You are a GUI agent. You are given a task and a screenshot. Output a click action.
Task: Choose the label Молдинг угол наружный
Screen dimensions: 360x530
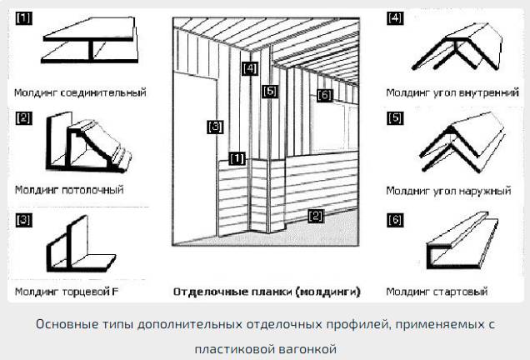pyautogui.click(x=447, y=191)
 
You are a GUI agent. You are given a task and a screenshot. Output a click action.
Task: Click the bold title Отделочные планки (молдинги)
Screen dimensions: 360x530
pyautogui.click(x=267, y=292)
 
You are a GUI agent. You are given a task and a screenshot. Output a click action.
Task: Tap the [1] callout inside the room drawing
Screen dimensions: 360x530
pyautogui.click(x=237, y=157)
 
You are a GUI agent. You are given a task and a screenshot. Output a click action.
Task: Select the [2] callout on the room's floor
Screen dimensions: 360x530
pyautogui.click(x=315, y=216)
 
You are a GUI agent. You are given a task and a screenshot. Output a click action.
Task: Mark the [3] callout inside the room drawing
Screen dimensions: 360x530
pyautogui.click(x=215, y=127)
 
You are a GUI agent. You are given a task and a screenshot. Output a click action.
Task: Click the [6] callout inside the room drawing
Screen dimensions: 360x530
pyautogui.click(x=324, y=96)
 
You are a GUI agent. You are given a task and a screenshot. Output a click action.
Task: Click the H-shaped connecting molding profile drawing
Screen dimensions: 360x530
pyautogui.click(x=90, y=47)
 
